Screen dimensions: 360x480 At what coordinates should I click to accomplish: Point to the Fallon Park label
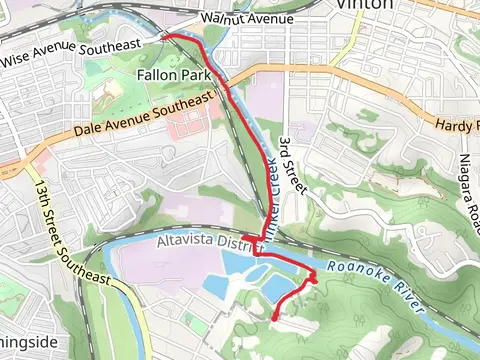(175, 76)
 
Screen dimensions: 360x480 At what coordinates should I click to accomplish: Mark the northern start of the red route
(164, 35)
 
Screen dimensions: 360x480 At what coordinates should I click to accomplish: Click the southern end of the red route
(275, 318)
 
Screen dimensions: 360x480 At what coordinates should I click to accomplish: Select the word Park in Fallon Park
(195, 76)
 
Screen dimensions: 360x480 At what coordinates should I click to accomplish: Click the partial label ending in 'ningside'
(28, 342)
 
